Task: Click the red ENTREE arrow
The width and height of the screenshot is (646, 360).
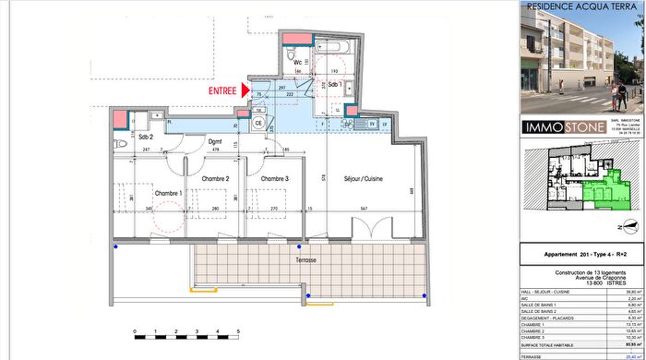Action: [246, 90]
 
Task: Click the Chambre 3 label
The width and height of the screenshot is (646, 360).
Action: [274, 179]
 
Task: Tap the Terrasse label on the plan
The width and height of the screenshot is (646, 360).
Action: [305, 260]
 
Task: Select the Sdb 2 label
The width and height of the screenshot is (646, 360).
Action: [145, 138]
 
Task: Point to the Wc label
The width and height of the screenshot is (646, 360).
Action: [299, 63]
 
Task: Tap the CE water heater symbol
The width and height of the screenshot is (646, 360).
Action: [258, 123]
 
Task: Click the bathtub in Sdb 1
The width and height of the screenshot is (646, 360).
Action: [331, 46]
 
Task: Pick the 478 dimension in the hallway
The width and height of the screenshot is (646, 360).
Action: [215, 149]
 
